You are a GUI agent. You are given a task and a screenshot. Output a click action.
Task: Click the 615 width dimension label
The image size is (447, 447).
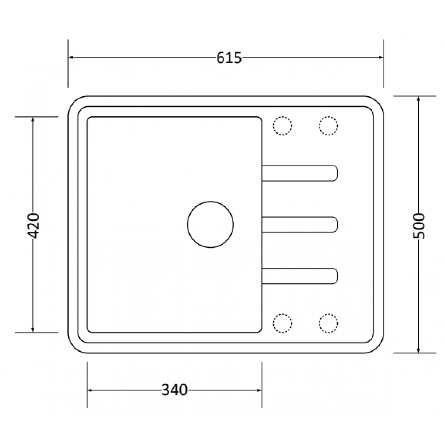(229, 58)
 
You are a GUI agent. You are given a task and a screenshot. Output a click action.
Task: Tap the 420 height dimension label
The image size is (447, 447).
(33, 225)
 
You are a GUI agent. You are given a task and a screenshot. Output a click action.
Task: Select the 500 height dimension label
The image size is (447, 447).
(419, 226)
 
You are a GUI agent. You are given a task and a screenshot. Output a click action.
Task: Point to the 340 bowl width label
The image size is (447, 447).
(174, 390)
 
